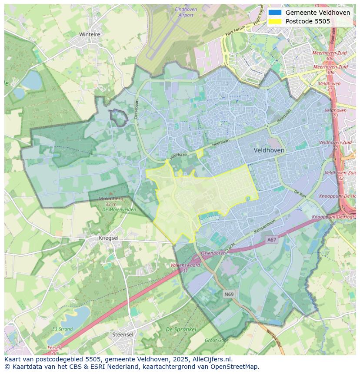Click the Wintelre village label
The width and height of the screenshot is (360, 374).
90,34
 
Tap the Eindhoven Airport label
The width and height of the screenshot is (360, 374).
186,12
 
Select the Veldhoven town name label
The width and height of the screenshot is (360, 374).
269,150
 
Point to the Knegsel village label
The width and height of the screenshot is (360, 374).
108,238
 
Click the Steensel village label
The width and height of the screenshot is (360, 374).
123,334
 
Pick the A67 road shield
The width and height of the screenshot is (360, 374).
272,239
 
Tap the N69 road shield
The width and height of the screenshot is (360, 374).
229,294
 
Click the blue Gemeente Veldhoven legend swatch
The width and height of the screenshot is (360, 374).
275,13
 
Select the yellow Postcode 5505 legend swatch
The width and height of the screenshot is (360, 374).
275,21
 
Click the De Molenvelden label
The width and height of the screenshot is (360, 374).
119,209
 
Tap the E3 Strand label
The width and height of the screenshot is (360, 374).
63,329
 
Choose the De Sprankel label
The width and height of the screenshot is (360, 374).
181,329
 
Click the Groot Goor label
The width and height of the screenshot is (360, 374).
216,341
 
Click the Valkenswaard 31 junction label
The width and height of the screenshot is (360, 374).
185,267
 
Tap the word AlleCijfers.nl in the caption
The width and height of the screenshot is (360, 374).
212,359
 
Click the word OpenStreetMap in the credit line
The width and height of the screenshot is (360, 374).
237,366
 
